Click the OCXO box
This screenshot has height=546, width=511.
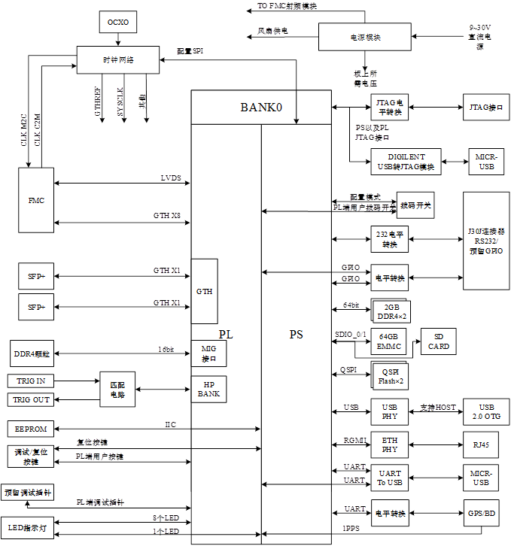click(x=118, y=23)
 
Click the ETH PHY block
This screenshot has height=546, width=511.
click(x=389, y=445)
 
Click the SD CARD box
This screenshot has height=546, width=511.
click(x=439, y=341)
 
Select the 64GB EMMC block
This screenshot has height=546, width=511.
click(x=389, y=341)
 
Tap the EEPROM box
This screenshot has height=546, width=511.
click(x=31, y=429)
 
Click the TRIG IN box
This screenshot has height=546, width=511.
click(x=31, y=381)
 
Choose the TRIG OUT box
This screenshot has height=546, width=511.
click(x=31, y=399)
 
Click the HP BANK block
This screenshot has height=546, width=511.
click(x=208, y=389)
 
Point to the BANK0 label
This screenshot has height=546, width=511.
click(x=261, y=108)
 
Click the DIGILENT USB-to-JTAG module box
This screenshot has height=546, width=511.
click(x=406, y=162)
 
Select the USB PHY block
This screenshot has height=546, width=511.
click(x=389, y=411)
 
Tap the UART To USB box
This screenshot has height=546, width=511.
click(x=389, y=478)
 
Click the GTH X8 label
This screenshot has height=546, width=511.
click(x=166, y=216)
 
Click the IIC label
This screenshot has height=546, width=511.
click(x=171, y=425)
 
